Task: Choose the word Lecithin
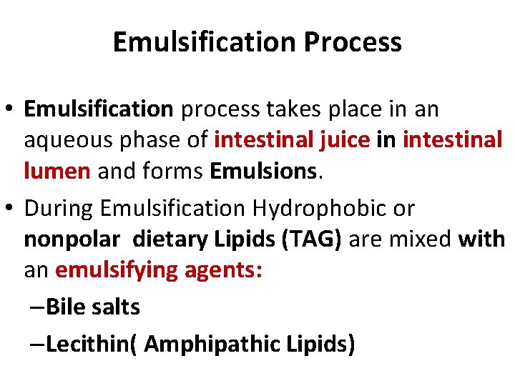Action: click(88, 345)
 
